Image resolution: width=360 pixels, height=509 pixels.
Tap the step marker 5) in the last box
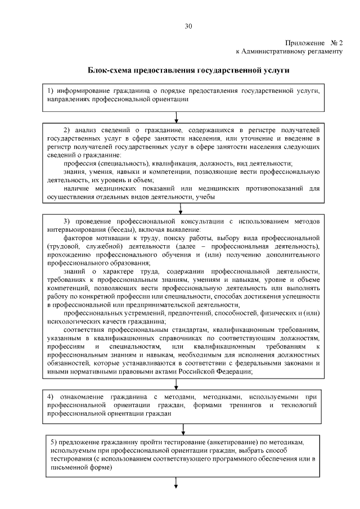[53, 443]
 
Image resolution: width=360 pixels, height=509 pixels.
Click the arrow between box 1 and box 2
[177, 116]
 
